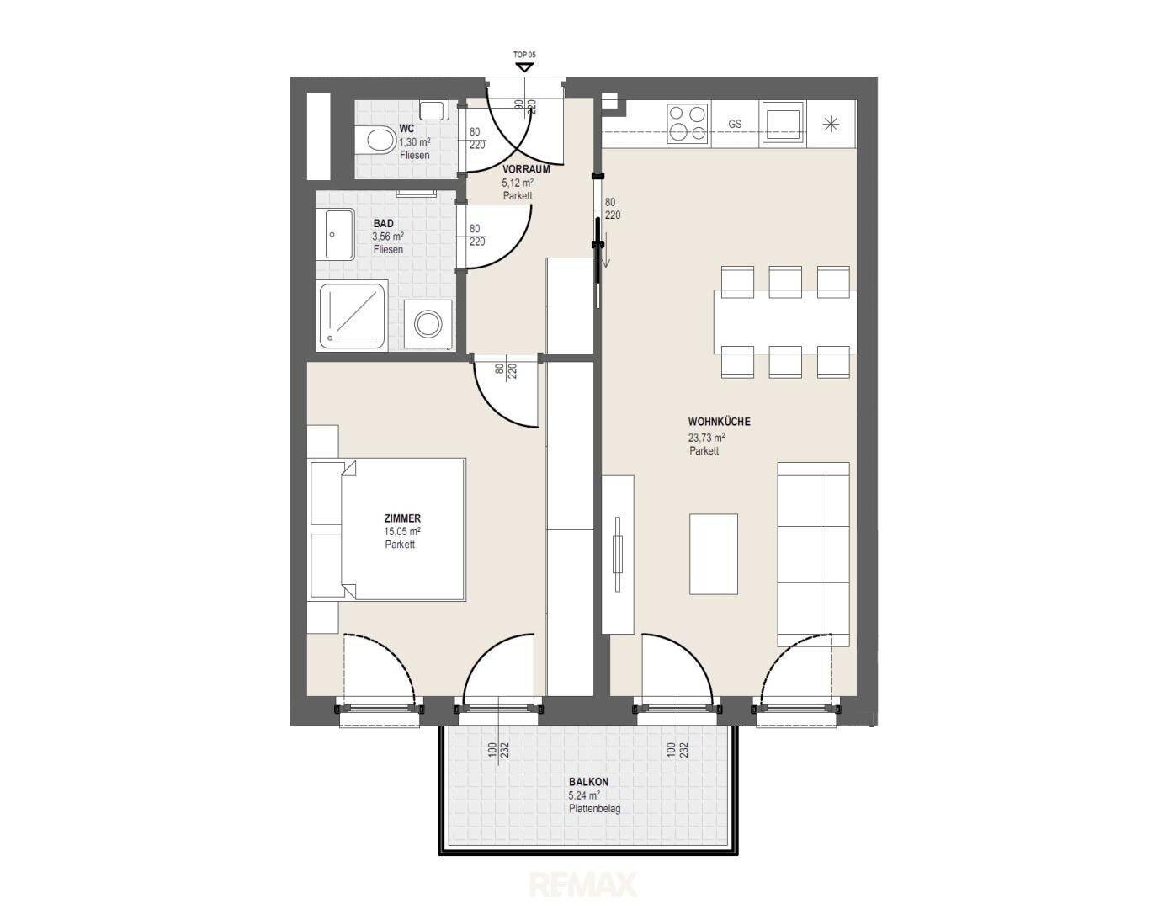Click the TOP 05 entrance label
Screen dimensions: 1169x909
pos(524,55)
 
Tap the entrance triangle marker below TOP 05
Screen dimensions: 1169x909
pos(524,67)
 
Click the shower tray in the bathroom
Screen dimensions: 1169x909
pos(353,316)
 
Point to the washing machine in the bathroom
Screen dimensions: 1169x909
pos(429,324)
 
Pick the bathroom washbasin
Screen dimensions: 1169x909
pos(336,235)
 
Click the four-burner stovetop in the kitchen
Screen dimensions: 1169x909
pos(687,124)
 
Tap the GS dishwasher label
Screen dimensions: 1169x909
pos(735,125)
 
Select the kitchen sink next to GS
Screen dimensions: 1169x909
pos(782,124)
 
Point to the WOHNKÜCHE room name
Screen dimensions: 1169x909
pos(719,423)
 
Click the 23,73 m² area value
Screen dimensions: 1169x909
pos(706,438)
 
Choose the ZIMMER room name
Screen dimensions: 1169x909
pos(401,518)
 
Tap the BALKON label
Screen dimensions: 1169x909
pos(588,782)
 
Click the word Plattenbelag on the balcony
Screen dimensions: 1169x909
pos(594,808)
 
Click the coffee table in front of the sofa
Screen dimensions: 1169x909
pos(714,554)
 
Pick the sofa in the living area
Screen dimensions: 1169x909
pos(813,554)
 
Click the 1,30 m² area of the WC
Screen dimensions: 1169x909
pos(414,142)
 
